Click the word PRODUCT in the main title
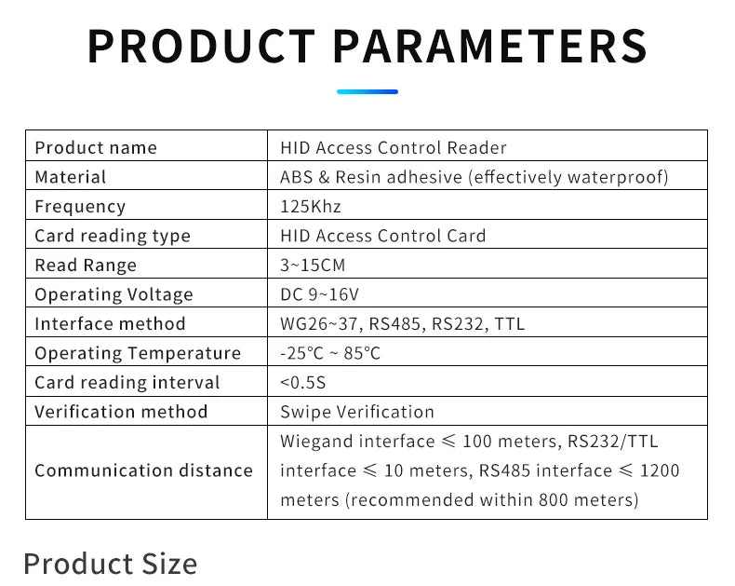pos(201,46)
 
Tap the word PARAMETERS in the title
pos(489,46)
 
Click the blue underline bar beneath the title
pos(367,91)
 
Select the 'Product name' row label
pos(96,147)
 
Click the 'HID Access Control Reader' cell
pos(394,147)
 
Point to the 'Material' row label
pos(71,177)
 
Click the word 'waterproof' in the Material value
pos(619,177)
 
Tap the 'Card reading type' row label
pos(113,236)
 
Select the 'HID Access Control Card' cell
pos(383,236)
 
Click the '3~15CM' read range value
pos(313,266)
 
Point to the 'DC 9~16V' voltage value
pos(319,294)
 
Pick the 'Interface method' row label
pos(110,324)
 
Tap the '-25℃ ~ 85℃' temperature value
pos(330,353)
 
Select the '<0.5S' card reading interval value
pos(303,383)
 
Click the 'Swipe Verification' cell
pos(357,412)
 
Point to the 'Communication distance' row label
pos(143,470)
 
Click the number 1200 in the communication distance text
pos(659,470)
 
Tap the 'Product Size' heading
pos(110,564)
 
